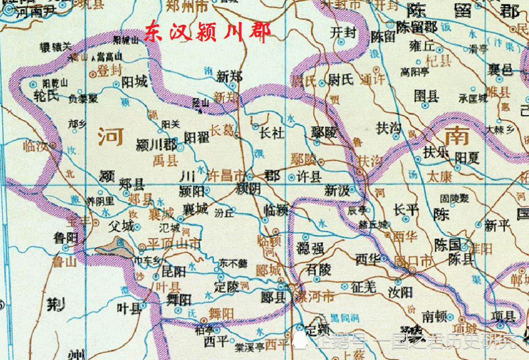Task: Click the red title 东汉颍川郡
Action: pyautogui.click(x=208, y=33)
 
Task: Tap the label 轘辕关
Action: pyautogui.click(x=56, y=46)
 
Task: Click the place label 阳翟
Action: pyautogui.click(x=197, y=137)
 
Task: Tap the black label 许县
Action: pyautogui.click(x=309, y=177)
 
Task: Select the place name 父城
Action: pyautogui.click(x=121, y=226)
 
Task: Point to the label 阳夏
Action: pyautogui.click(x=467, y=158)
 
